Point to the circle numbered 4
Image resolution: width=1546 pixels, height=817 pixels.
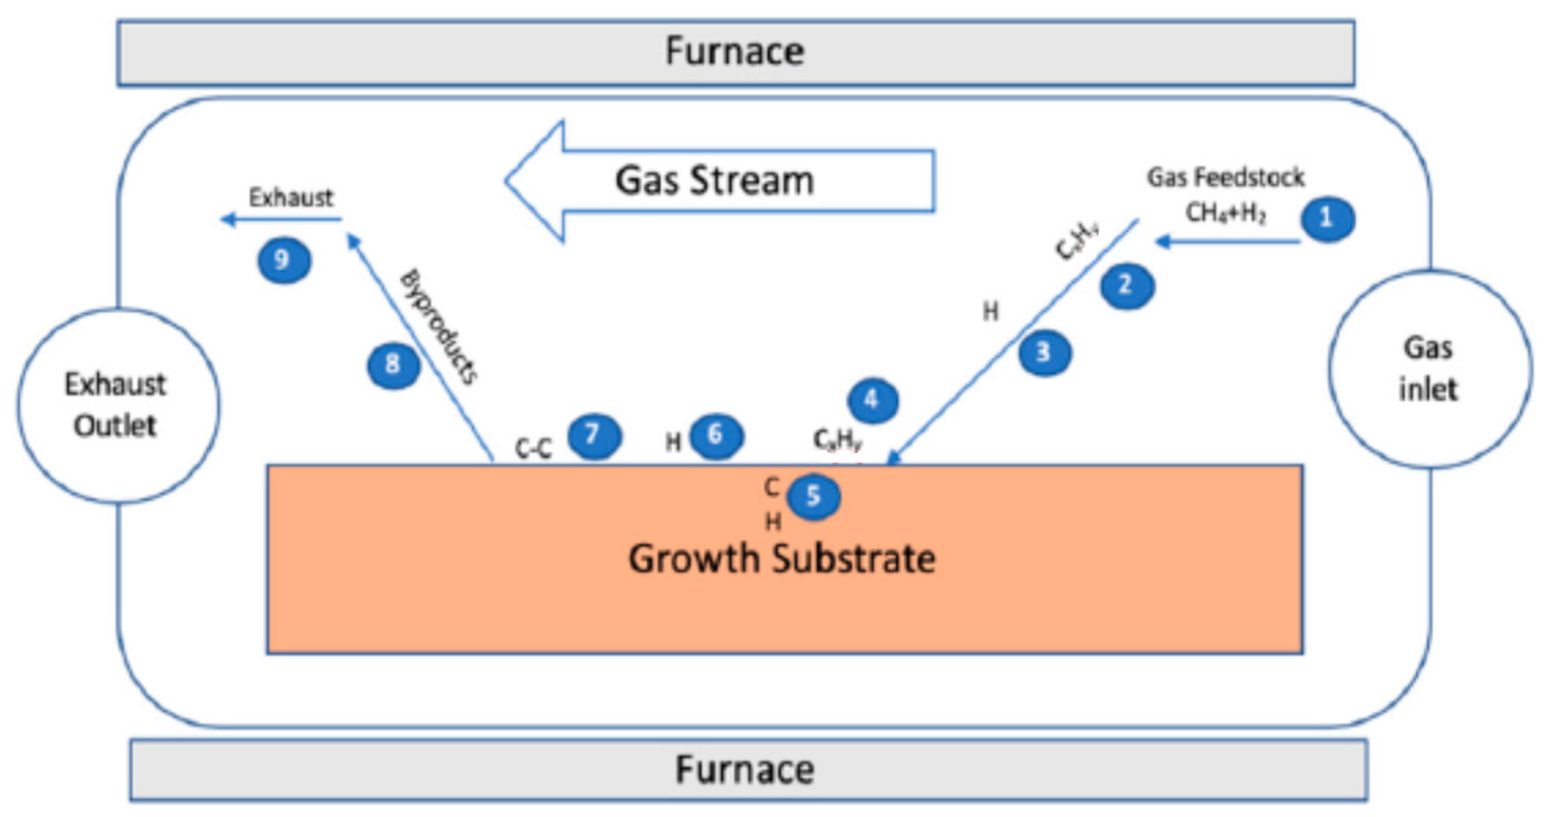coord(873,400)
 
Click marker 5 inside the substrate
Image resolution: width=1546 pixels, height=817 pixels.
coord(813,497)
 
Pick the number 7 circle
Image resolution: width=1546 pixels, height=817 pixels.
coord(594,435)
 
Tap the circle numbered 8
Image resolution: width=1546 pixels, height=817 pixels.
coord(393,364)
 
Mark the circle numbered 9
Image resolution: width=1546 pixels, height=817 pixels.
coord(284,260)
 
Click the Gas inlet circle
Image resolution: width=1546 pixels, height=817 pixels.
coord(1428,368)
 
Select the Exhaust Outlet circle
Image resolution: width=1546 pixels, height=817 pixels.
coord(118,406)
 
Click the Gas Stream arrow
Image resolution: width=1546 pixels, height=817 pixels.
coord(714,181)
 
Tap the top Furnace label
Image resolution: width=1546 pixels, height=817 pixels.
coord(735,52)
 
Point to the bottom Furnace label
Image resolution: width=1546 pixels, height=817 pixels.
coord(745,770)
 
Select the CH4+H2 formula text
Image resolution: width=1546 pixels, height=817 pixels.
coord(1225,212)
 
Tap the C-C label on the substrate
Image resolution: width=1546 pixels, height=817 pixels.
coord(534,448)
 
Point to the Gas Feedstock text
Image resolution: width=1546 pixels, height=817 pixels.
coord(1225,178)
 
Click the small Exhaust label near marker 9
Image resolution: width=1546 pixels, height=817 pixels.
coord(291,197)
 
